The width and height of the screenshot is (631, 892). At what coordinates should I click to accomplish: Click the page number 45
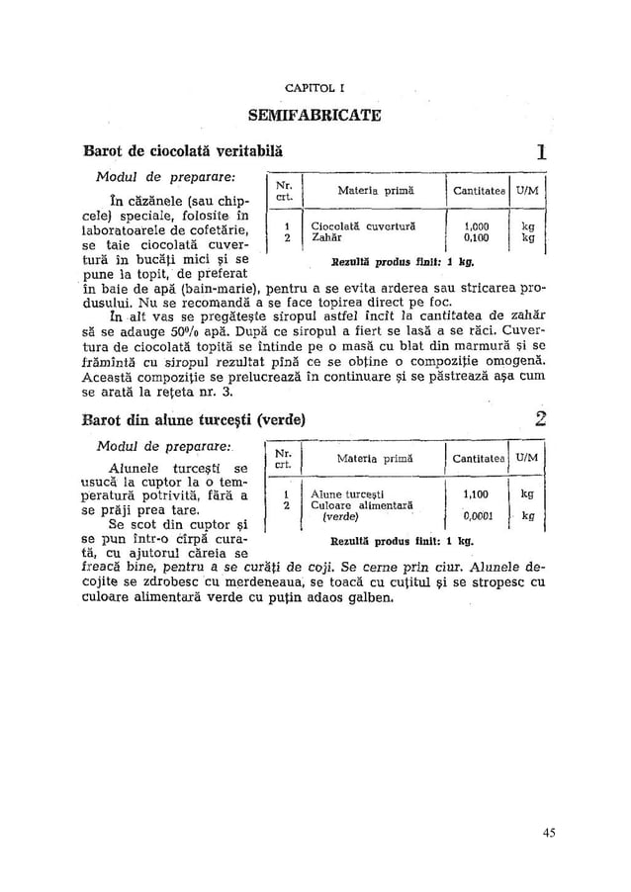548,832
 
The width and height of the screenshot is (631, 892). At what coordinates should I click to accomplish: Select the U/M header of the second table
526,457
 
